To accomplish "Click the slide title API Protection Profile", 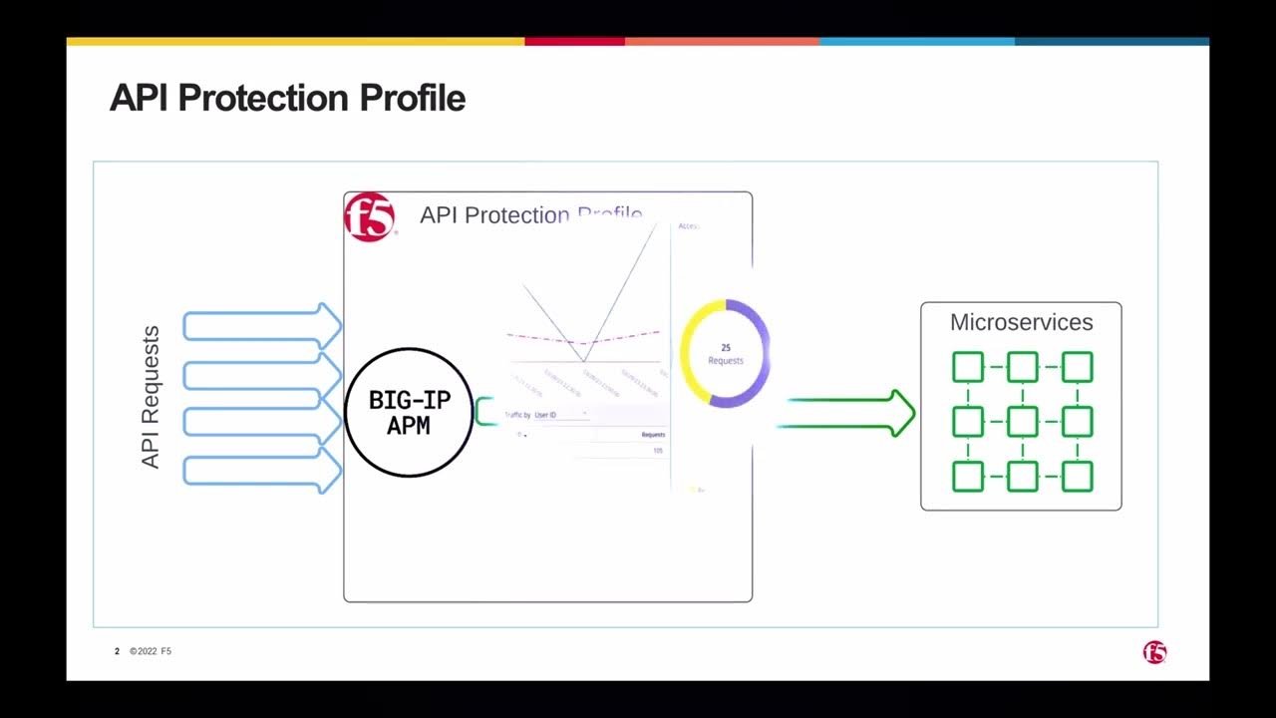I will point(287,99).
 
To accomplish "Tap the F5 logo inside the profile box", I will point(370,217).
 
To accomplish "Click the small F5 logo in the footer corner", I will point(1154,652).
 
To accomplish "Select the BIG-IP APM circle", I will point(409,413).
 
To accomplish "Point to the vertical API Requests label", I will point(151,397).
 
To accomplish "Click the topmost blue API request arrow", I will point(261,326).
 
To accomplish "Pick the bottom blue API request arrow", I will point(261,471).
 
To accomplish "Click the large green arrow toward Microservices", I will point(847,413).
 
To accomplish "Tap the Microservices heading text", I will point(1021,322).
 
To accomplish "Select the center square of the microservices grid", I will point(1022,422).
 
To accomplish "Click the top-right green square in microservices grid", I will point(1077,367).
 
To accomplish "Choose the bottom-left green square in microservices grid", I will point(967,477).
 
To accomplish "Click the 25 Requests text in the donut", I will point(725,354).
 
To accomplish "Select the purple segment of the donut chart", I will point(758,359).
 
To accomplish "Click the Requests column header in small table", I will point(653,435).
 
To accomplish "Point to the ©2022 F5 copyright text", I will point(151,651).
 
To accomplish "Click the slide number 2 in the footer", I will point(117,651).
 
